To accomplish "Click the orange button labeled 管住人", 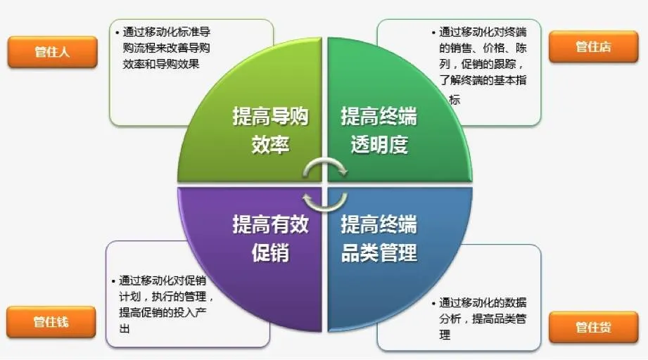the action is tap(52, 51).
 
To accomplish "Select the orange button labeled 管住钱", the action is tap(51, 322).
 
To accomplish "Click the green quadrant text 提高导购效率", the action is tap(270, 130).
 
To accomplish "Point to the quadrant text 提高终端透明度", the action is tap(379, 130).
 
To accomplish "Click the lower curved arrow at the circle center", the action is tap(324, 196).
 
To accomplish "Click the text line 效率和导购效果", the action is tap(161, 64).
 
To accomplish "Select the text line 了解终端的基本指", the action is tap(483, 81).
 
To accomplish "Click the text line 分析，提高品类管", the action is tap(483, 319).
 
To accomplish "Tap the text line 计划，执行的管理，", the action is tap(166, 295).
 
